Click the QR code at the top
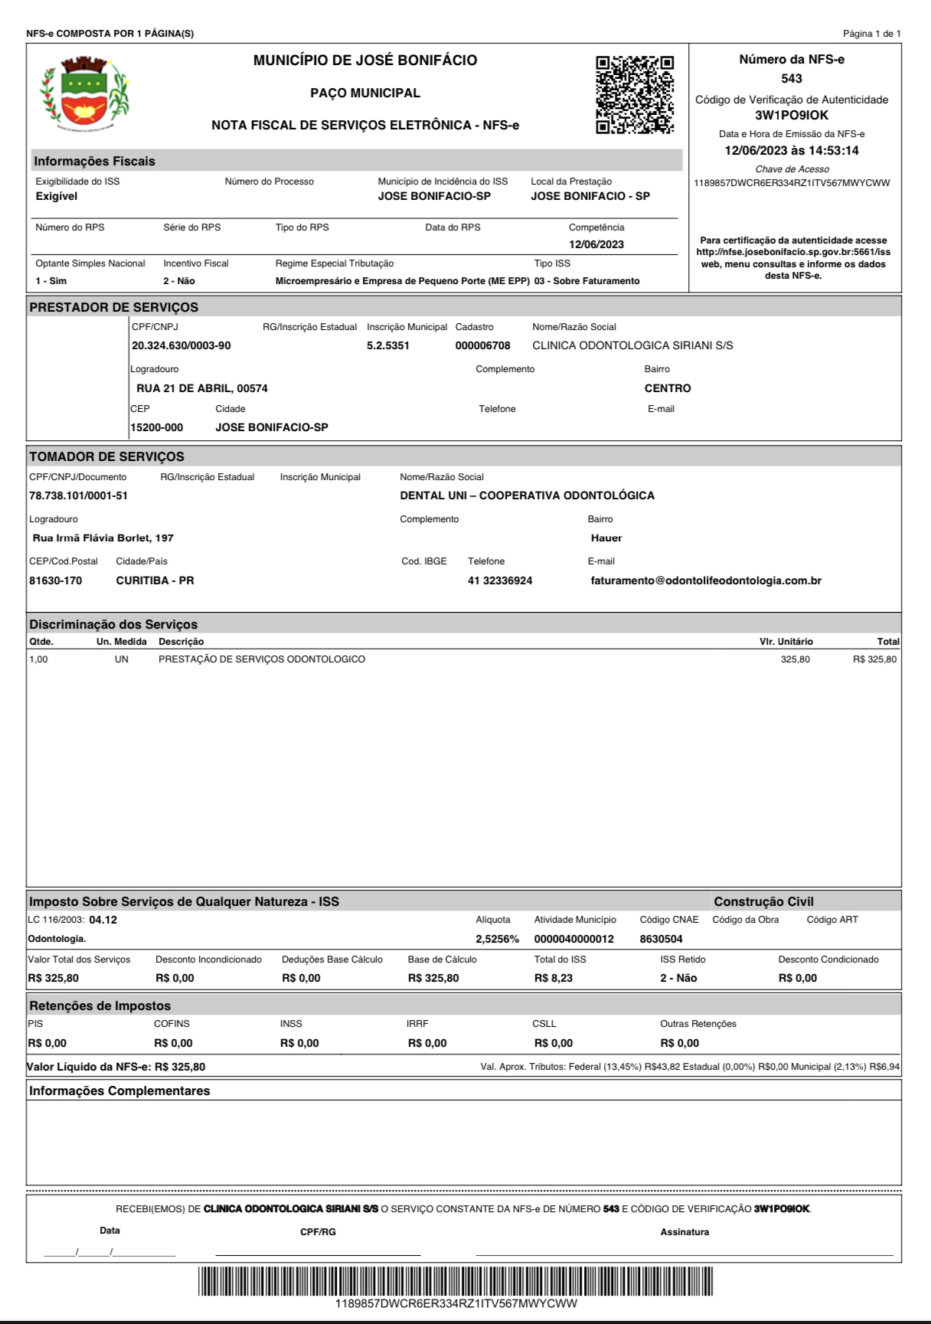(635, 94)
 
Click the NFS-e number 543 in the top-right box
(792, 78)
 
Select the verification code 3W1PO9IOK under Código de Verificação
(792, 116)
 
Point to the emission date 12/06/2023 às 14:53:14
(792, 151)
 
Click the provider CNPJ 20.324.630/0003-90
(181, 345)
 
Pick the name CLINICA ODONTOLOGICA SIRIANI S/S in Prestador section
(632, 345)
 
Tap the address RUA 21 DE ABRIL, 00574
(202, 388)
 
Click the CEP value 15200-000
(157, 427)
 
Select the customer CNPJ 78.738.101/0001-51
(78, 495)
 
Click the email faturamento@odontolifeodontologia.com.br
(706, 580)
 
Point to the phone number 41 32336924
(500, 580)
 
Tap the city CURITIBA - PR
(155, 580)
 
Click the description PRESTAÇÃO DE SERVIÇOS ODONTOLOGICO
(262, 659)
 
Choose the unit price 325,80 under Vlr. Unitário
(795, 659)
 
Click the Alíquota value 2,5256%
(497, 939)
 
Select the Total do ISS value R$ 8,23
(553, 978)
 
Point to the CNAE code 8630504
(661, 939)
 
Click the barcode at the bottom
(456, 1281)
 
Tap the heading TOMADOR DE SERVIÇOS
(106, 456)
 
